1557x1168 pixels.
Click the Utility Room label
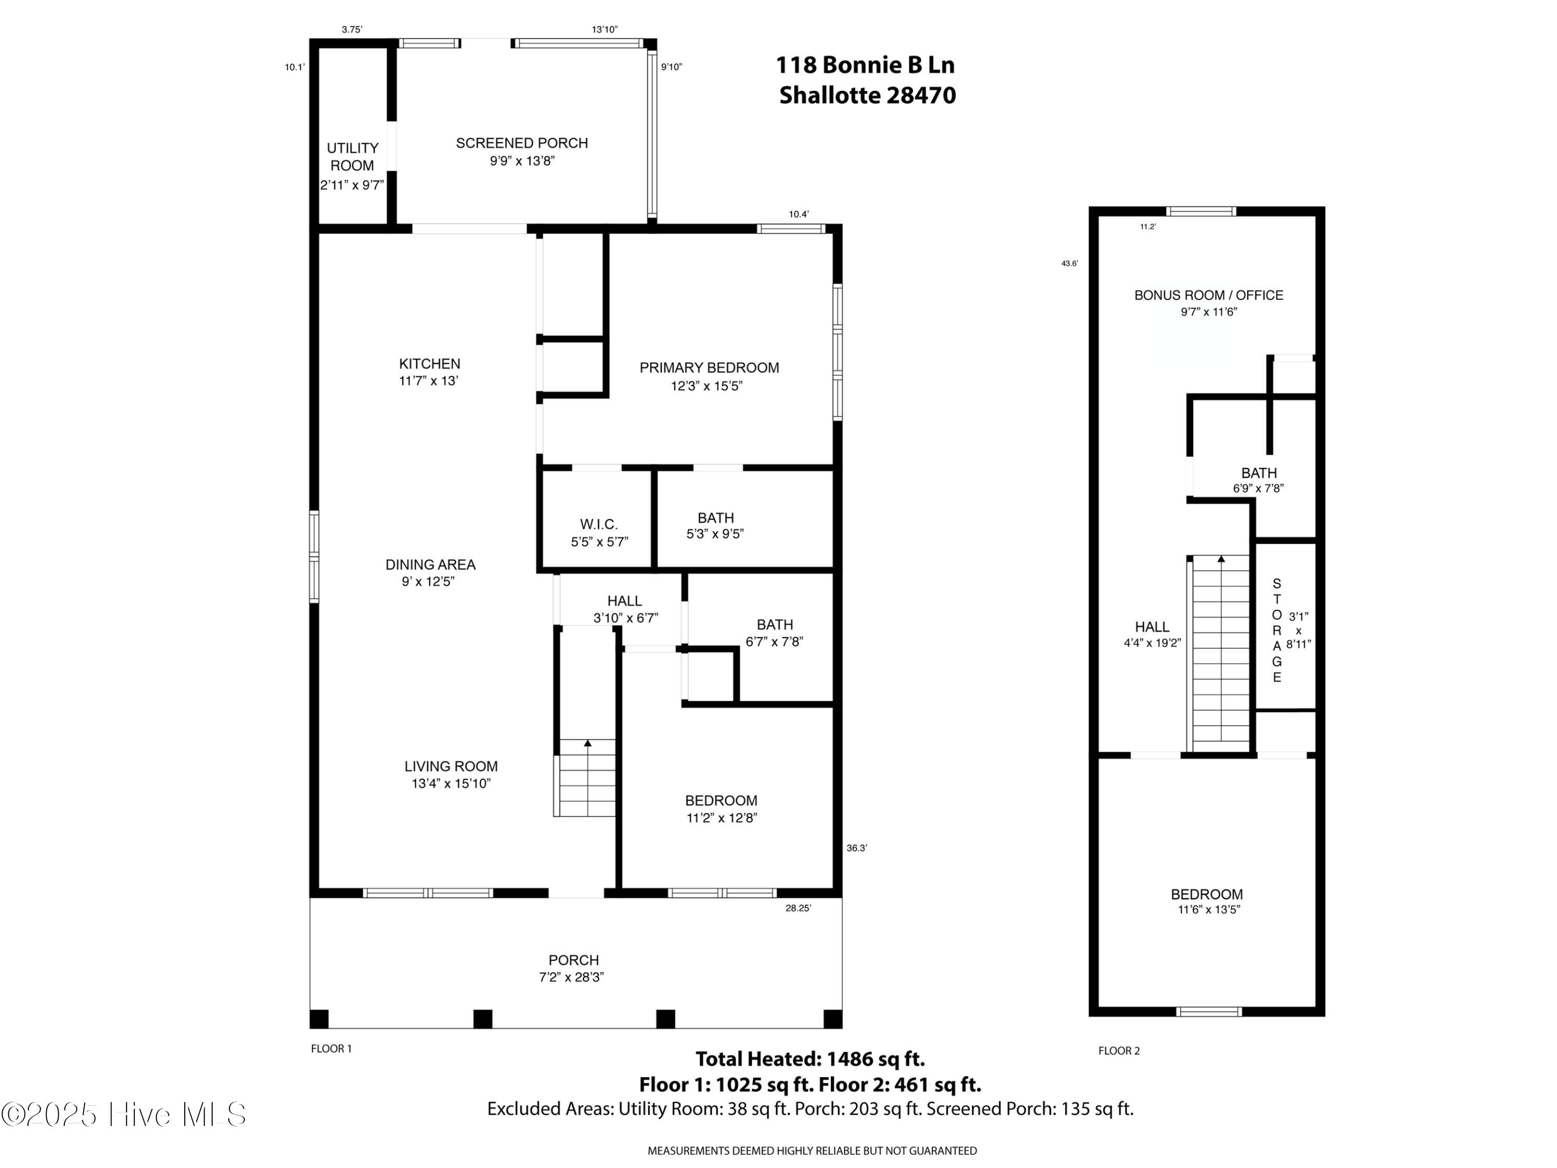352,157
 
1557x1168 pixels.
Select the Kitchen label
429,364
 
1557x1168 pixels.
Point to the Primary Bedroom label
709,368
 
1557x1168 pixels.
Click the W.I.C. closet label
599,524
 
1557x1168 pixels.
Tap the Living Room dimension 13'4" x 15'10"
450,783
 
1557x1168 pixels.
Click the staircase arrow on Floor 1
588,743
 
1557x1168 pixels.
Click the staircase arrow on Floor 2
1221,560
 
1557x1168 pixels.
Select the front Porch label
573,960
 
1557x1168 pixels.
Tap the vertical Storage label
1277,631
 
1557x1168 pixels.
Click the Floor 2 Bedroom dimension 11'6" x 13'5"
1209,909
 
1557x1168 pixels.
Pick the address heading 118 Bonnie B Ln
865,65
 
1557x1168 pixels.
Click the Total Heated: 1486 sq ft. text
810,1059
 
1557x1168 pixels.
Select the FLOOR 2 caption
1119,1051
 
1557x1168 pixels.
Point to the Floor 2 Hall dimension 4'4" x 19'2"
1152,643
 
